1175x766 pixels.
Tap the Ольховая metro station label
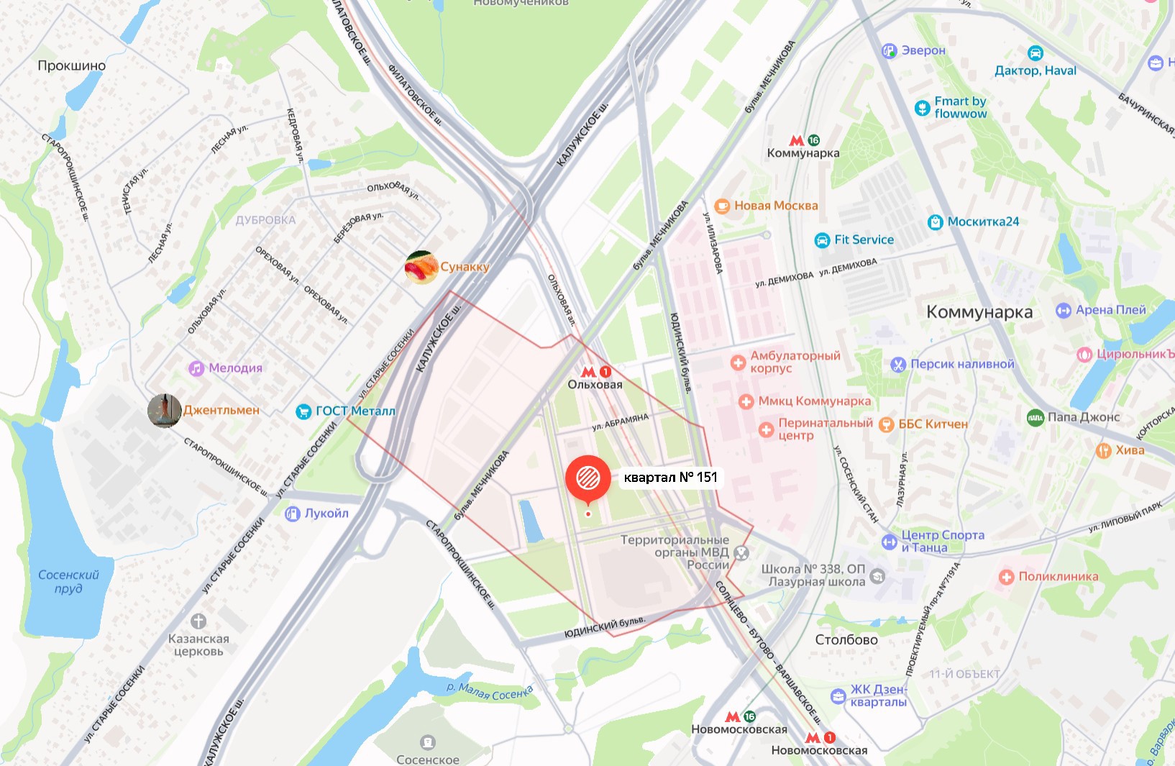click(595, 384)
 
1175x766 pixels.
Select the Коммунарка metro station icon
click(797, 141)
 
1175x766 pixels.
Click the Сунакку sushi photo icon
click(421, 268)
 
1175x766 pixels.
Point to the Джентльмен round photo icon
click(164, 411)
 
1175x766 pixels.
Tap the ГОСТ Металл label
click(355, 411)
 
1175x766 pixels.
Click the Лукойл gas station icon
click(292, 514)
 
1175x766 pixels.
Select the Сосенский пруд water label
click(68, 581)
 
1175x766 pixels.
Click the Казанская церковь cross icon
click(198, 621)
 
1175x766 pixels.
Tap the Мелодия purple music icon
click(196, 368)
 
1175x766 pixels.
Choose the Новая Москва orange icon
click(722, 206)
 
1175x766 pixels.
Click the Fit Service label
click(864, 240)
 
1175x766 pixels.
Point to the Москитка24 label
click(983, 222)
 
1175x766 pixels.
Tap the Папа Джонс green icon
click(1035, 417)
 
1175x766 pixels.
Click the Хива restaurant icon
click(1103, 450)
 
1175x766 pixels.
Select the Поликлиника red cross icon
click(1006, 577)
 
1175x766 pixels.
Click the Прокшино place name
click(71, 65)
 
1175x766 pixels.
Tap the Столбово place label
click(846, 639)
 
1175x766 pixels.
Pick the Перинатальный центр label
click(825, 429)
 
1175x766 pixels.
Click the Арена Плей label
click(1110, 310)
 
